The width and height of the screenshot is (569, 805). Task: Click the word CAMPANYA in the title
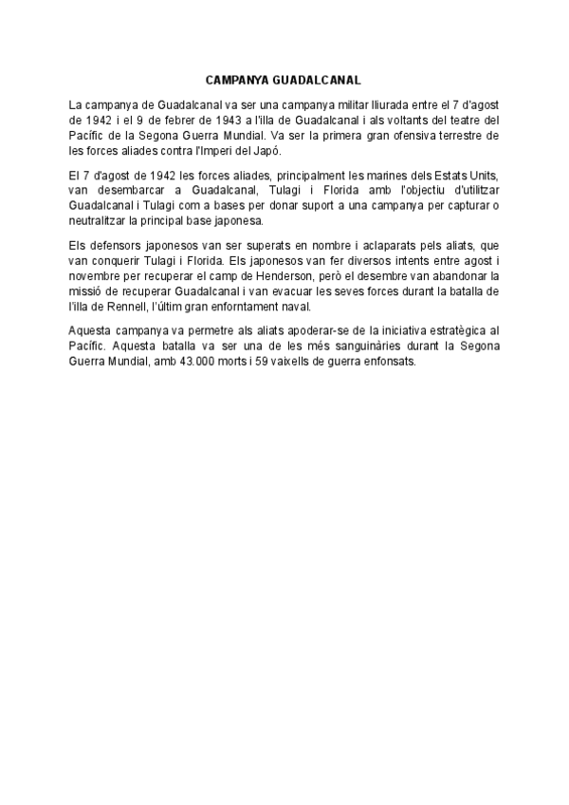click(236, 82)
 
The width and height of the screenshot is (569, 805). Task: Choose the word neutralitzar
click(101, 221)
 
